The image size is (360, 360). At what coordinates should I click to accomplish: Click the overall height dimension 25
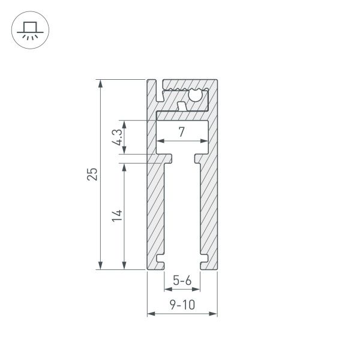[92, 174]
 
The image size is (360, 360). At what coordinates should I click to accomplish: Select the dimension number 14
[118, 216]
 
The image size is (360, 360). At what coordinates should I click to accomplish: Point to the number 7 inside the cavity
[182, 132]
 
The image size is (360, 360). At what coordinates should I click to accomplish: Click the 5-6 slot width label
[182, 280]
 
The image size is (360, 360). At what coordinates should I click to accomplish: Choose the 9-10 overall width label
[182, 305]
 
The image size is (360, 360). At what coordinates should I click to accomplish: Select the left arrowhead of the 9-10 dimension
[151, 313]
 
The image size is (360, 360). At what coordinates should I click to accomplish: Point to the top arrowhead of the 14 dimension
[124, 166]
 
